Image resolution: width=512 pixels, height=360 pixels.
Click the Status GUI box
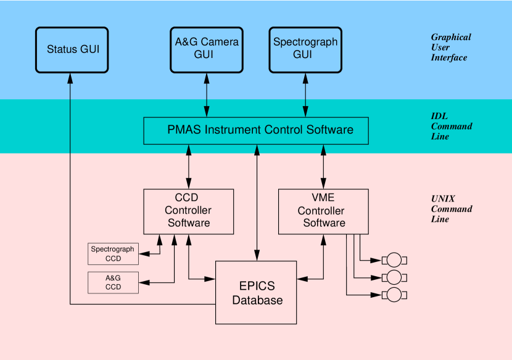[72, 49]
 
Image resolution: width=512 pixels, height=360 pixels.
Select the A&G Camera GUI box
[207, 49]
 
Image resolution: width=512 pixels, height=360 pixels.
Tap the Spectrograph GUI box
[305, 49]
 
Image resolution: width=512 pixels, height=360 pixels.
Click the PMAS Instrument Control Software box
[256, 131]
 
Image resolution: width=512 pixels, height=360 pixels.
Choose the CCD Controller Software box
[188, 211]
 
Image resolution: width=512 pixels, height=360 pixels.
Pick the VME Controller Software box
[323, 211]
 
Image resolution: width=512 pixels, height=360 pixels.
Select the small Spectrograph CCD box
[113, 254]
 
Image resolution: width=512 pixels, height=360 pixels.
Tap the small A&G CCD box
[113, 282]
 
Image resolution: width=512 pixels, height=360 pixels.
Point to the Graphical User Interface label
[450, 47]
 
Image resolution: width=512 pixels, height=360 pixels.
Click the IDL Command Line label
[451, 126]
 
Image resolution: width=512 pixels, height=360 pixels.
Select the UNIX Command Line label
[451, 209]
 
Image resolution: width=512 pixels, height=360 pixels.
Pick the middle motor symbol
[394, 277]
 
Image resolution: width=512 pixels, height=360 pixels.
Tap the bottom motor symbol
[394, 295]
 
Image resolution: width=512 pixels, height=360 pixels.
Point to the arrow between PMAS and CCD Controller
[188, 166]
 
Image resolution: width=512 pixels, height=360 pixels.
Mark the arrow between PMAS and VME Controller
[323, 166]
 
